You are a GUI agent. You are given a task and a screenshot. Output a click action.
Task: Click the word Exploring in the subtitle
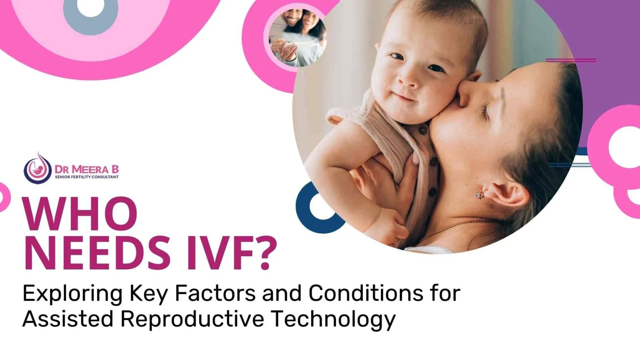point(72,294)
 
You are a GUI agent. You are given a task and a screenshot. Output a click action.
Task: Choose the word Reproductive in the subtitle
point(192,319)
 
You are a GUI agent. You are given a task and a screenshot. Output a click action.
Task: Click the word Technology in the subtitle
point(333,319)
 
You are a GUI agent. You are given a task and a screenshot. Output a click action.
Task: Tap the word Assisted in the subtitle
point(67,319)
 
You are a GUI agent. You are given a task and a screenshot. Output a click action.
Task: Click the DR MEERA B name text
point(87,169)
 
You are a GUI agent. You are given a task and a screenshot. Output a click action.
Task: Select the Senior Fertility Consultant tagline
point(87,177)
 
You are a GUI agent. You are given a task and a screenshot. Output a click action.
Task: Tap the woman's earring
point(480,194)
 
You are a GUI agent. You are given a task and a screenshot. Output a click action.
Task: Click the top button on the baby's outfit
point(423,130)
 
